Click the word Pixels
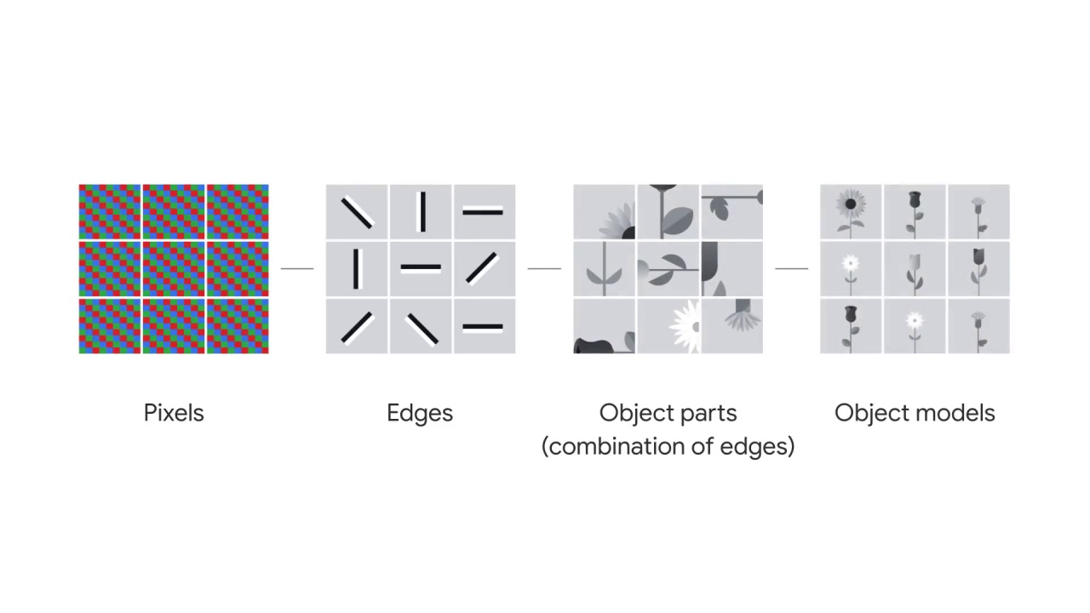click(x=174, y=413)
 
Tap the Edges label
click(x=420, y=413)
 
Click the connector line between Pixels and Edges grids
click(x=297, y=268)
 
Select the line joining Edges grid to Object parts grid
click(x=544, y=268)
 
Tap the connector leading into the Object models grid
click(x=791, y=268)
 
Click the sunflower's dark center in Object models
click(x=850, y=204)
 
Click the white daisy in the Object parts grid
click(x=686, y=326)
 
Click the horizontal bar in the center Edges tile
click(x=421, y=267)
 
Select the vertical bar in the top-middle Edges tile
click(x=422, y=211)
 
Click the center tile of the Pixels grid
click(x=174, y=268)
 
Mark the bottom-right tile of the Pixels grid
click(x=238, y=326)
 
